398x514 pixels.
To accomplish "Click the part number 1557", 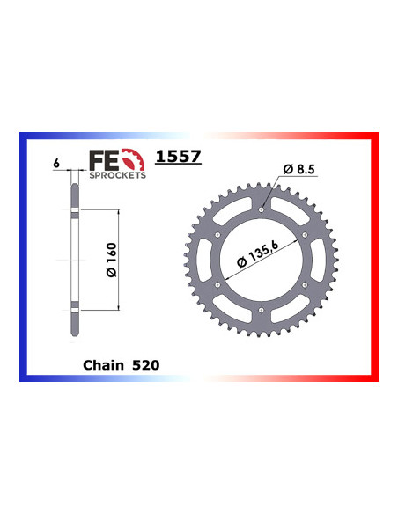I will pos(178,157).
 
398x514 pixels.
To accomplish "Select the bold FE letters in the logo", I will pos(102,160).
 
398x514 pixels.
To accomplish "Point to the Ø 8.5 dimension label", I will pos(299,168).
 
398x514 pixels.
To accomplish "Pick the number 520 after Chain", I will pos(145,363).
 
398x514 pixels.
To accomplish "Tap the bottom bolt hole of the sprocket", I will pos(261,312).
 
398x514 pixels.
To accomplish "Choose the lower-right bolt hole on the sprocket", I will pos(305,286).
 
